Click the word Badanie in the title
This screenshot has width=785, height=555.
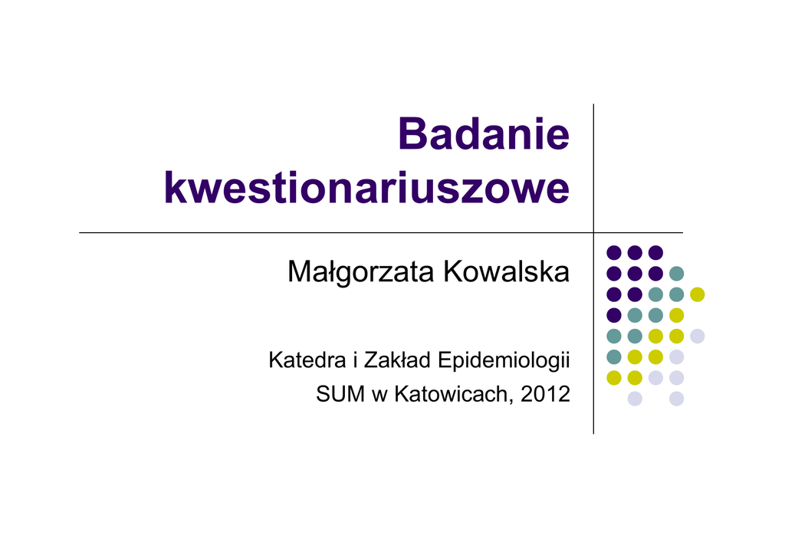coord(484,133)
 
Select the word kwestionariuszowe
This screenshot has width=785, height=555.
coord(367,188)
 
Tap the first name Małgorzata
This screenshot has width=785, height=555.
coord(361,273)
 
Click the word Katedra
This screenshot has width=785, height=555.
coord(307,360)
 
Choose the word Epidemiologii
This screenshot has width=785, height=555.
coord(504,361)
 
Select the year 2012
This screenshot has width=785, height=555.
coord(545,394)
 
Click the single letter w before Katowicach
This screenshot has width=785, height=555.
coord(379,397)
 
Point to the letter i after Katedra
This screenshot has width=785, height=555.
coord(355,360)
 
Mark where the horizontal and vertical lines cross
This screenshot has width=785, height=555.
coord(594,233)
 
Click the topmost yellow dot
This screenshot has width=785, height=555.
coord(698,294)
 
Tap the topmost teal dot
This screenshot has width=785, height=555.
coord(676,273)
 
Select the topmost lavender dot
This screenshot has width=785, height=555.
coord(698,336)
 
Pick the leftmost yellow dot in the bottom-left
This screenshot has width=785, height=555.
coord(614,377)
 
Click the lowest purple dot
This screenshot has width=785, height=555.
coord(614,315)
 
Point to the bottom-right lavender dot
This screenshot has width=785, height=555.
coord(676,399)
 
